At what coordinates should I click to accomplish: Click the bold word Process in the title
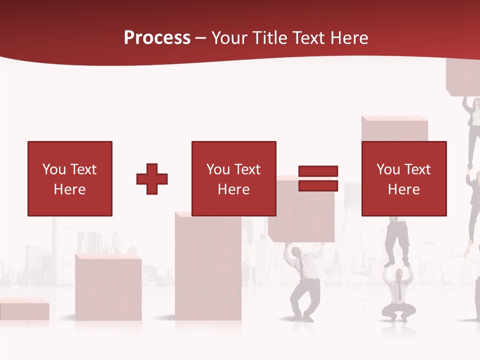tap(157, 38)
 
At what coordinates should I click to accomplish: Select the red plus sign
tap(152, 179)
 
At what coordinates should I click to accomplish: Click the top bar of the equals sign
tap(318, 171)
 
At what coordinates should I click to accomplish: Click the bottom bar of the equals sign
tap(318, 185)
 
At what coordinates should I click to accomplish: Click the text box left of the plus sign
tap(70, 178)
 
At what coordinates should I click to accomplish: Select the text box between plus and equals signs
tap(233, 178)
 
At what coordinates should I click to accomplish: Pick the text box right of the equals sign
tap(404, 178)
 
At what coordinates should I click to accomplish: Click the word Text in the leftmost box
tap(83, 169)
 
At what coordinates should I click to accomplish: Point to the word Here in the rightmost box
tap(403, 189)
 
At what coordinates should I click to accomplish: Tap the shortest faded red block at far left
tap(23, 310)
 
